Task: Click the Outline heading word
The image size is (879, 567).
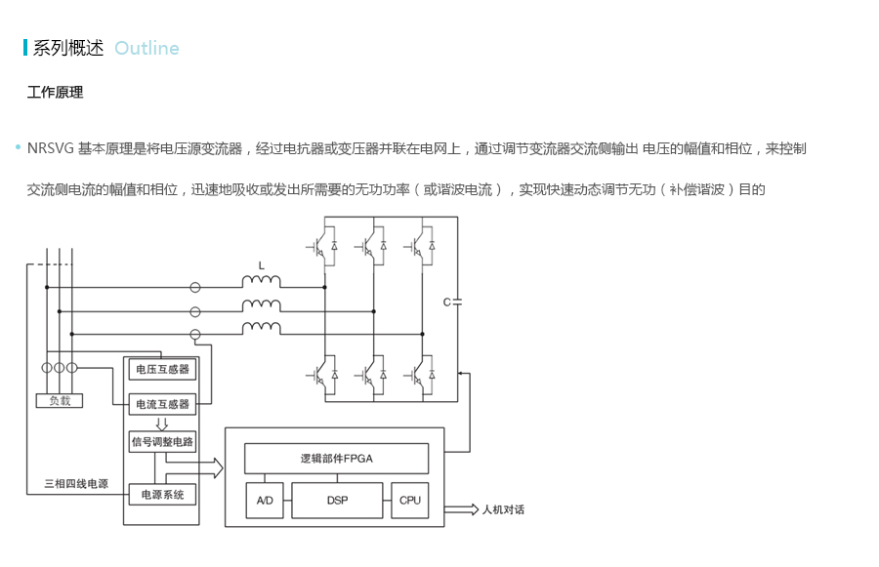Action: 146,48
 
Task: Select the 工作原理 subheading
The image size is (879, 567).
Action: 55,93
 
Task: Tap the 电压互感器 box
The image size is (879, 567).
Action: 161,369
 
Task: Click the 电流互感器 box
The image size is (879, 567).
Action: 161,403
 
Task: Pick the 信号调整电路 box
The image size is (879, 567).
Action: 161,441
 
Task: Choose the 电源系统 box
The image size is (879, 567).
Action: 161,495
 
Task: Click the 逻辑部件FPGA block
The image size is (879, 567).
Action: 336,458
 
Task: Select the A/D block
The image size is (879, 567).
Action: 264,500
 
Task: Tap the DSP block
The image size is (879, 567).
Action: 336,500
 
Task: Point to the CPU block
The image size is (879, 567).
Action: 410,500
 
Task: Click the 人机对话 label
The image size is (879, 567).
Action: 504,509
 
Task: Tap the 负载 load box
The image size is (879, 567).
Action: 60,400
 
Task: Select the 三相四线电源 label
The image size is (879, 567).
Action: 76,483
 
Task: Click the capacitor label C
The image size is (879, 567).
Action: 446,303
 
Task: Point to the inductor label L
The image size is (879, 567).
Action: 261,265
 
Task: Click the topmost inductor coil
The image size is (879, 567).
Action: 261,283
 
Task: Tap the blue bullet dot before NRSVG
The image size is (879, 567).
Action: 18,148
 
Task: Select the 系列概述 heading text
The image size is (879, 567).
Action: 67,48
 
